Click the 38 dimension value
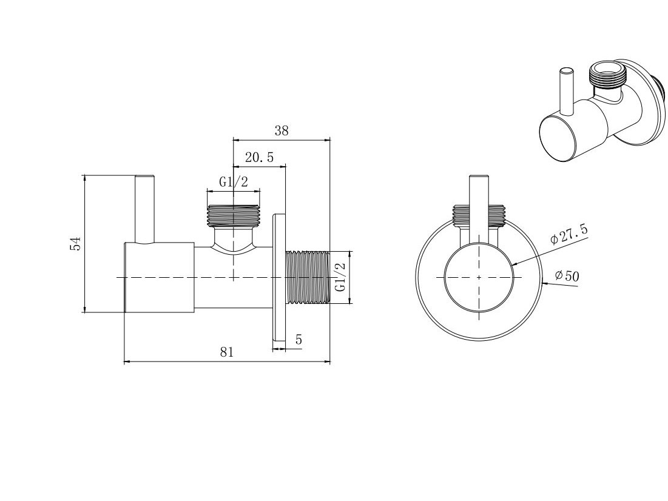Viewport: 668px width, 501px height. [x=282, y=130]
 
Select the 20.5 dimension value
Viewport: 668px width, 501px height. [x=259, y=158]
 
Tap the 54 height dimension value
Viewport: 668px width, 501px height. [x=75, y=243]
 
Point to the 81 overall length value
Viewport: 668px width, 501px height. [x=227, y=352]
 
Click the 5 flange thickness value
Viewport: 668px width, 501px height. [x=299, y=340]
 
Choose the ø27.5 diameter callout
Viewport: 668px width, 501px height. [x=568, y=234]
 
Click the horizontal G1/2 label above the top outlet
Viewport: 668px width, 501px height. [x=234, y=182]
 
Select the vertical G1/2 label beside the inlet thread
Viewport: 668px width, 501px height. [x=340, y=277]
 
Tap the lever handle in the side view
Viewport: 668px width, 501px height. [x=144, y=209]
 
